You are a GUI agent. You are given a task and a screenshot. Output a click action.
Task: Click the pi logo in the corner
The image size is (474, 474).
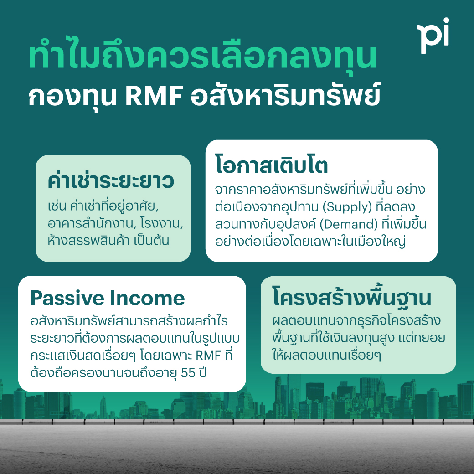point(433,36)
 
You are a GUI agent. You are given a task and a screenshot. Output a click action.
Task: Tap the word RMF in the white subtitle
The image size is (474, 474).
point(153,97)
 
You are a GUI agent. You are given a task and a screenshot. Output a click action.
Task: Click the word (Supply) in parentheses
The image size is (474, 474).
point(347,207)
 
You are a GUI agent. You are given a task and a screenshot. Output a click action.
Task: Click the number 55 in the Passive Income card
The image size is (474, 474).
point(188,373)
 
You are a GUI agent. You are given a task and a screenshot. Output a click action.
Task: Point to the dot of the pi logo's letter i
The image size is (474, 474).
point(446,21)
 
